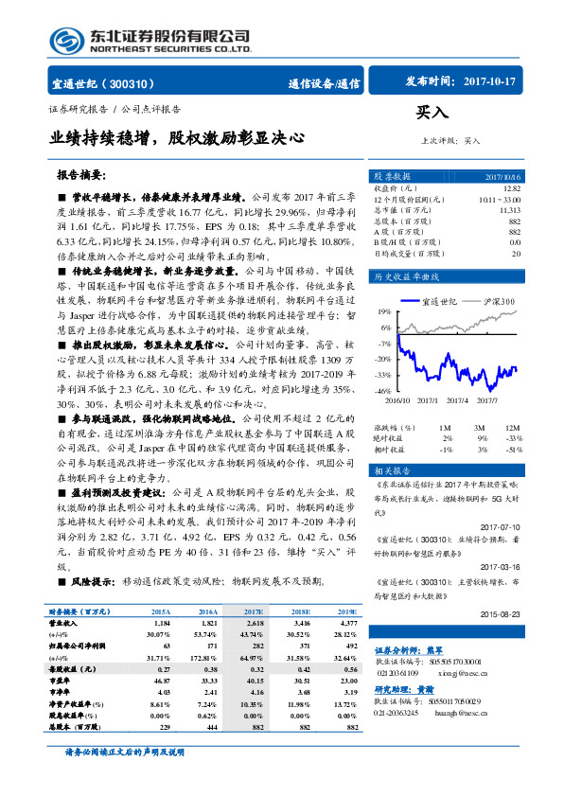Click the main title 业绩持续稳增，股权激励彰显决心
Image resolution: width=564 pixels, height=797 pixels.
coord(177,138)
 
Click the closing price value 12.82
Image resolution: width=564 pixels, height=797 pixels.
coord(512,188)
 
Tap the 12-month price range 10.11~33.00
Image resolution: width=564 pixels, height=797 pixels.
coord(499,200)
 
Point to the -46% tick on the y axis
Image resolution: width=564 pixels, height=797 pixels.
coord(382,390)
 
